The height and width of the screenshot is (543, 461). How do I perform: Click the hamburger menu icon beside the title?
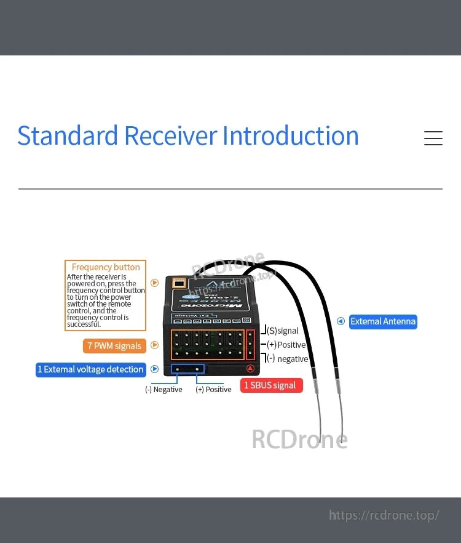(433, 138)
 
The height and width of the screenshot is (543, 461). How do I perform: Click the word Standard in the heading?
(68, 136)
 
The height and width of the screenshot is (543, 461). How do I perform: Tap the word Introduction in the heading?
(290, 136)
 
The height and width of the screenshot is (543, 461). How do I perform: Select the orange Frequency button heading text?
(106, 267)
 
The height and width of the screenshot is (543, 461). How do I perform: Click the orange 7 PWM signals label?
(114, 346)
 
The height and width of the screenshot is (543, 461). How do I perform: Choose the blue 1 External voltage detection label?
(90, 369)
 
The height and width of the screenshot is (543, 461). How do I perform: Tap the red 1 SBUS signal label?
(270, 385)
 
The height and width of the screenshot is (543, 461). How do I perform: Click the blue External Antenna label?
(382, 321)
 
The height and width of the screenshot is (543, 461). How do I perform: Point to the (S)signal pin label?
(283, 331)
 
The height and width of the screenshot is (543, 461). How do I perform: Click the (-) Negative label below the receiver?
(164, 390)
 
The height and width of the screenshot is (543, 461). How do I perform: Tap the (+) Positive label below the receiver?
(213, 390)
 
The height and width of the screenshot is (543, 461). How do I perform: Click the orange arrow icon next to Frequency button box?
(155, 283)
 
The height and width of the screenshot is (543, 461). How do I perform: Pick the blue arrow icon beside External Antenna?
(341, 321)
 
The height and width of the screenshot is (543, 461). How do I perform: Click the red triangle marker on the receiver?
(250, 369)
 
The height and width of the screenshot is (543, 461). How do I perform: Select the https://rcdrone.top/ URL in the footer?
(384, 515)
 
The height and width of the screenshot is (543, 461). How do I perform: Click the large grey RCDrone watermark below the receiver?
(299, 440)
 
